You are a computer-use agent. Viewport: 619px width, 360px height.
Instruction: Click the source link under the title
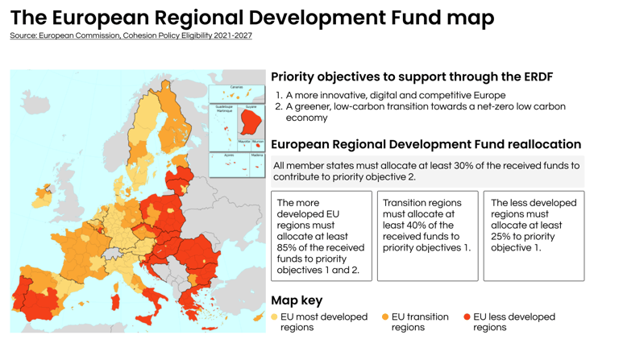tap(131, 35)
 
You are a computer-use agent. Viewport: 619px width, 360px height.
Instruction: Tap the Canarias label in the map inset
tap(236, 86)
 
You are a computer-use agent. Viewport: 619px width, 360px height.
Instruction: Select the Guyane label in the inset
tap(251, 106)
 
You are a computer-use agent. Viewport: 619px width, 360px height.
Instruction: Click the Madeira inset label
tap(257, 155)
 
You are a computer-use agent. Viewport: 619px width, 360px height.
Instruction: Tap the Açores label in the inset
tap(229, 155)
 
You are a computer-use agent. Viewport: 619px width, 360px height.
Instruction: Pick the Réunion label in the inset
tap(258, 141)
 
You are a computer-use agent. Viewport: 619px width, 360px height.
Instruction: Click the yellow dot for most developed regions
tap(275, 317)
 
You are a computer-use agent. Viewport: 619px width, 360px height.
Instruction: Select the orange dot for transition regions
tap(385, 317)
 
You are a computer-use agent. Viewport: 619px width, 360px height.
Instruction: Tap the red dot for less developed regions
tap(467, 317)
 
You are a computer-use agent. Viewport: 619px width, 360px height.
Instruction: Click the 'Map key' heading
tap(297, 300)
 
